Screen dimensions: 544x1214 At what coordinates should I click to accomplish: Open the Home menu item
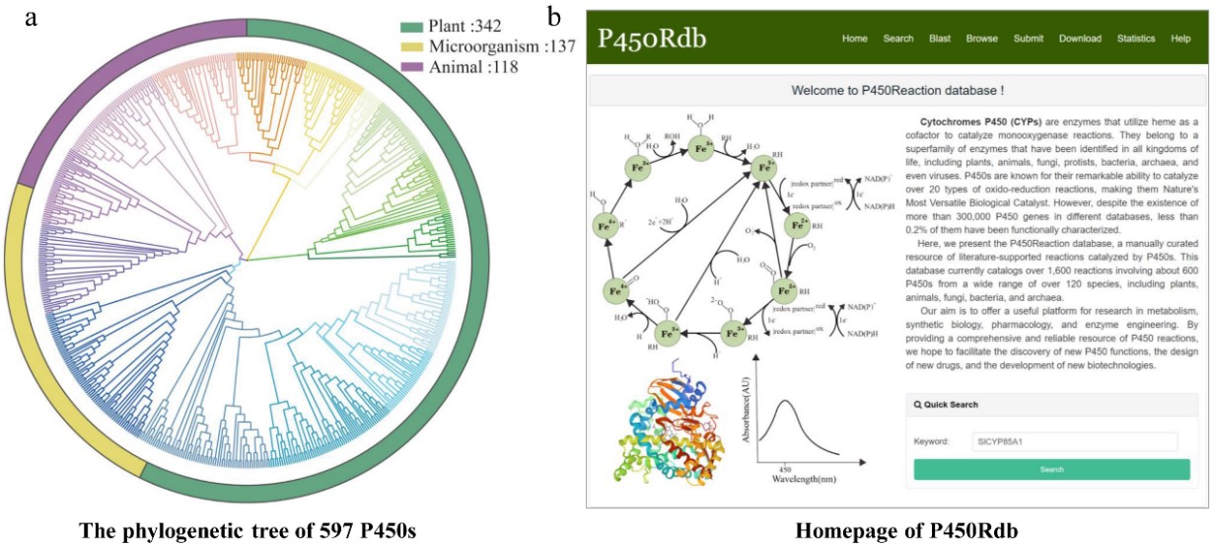pos(854,39)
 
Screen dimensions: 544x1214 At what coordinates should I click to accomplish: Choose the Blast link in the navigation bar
pos(940,39)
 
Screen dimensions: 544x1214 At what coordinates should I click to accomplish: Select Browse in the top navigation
pos(981,39)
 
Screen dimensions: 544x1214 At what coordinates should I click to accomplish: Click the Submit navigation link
pos(1029,39)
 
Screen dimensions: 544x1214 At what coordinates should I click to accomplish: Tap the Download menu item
pos(1080,39)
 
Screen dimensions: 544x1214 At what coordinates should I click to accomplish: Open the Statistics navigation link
pos(1136,39)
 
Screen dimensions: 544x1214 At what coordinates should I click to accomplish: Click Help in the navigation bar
pos(1180,39)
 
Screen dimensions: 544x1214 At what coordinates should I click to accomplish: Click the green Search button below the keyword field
pos(1051,469)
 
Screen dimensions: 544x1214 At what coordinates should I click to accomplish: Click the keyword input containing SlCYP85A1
pos(1072,441)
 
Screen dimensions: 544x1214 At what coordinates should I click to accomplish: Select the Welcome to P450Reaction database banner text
pos(897,91)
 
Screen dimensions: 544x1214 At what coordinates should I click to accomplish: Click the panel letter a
pos(33,18)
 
